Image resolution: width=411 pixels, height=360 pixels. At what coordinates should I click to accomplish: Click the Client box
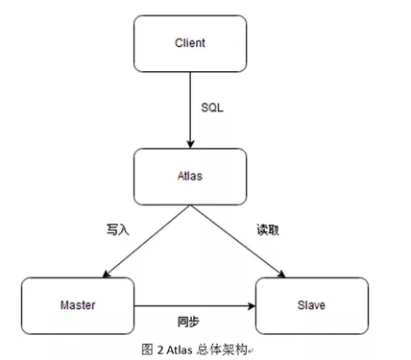point(191,44)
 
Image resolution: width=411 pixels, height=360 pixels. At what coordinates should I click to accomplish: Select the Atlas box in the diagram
point(191,176)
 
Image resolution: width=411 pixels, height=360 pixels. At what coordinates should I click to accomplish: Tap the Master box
point(78,304)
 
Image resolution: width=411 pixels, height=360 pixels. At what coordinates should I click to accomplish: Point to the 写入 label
point(116,230)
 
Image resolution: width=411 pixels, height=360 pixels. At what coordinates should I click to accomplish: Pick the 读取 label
point(267,230)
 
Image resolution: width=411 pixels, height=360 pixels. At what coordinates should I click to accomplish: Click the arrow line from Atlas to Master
point(144,240)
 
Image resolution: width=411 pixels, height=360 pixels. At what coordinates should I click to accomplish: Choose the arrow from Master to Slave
point(192,306)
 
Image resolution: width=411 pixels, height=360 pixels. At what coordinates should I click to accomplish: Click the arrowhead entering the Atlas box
point(191,143)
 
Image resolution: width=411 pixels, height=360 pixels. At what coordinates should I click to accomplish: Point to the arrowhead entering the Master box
point(103,275)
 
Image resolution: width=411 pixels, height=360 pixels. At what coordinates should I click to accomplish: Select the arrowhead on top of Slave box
point(279,275)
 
